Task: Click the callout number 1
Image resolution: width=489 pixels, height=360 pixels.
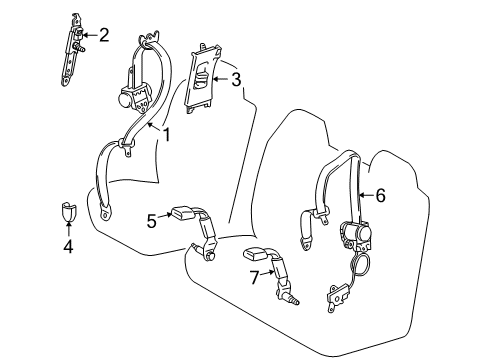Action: pyautogui.click(x=166, y=132)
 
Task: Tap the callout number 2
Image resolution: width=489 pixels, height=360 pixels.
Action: pyautogui.click(x=103, y=37)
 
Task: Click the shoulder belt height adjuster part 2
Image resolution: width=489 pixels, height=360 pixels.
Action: pyautogui.click(x=76, y=40)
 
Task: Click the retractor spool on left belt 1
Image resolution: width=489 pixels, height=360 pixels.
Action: pyautogui.click(x=129, y=97)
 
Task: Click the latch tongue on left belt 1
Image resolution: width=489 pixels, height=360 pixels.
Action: pyautogui.click(x=128, y=147)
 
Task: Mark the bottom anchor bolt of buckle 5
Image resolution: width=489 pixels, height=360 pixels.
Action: pyautogui.click(x=212, y=257)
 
